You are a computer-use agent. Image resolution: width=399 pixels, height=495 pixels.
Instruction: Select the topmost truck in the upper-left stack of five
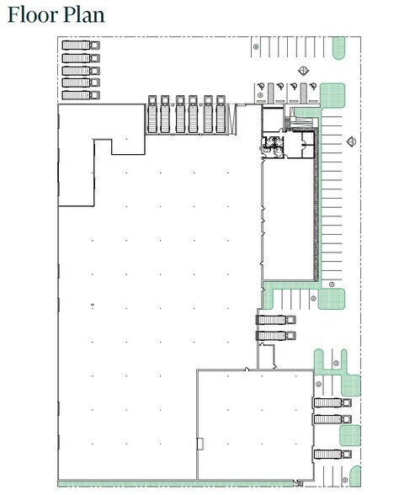pyautogui.click(x=81, y=45)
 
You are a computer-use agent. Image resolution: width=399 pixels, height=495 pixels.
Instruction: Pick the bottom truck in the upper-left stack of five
pyautogui.click(x=81, y=95)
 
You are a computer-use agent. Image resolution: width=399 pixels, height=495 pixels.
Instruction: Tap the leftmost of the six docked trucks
pyautogui.click(x=152, y=114)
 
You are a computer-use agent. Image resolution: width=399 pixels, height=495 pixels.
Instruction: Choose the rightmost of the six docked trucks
pyautogui.click(x=221, y=114)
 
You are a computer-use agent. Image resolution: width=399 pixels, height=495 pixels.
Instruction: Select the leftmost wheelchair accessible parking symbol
pyautogui.click(x=262, y=85)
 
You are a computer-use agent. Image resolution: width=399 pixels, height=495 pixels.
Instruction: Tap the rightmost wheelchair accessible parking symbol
pyautogui.click(x=308, y=85)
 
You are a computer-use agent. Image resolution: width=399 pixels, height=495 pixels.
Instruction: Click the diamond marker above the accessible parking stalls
pyautogui.click(x=301, y=71)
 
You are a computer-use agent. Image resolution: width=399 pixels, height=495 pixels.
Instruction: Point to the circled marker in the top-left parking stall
pyautogui.click(x=256, y=48)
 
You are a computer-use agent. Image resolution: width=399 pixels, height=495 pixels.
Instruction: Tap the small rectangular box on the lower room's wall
pyautogui.click(x=199, y=443)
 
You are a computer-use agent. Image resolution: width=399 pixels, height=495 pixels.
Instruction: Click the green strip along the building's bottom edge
pyautogui.click(x=177, y=484)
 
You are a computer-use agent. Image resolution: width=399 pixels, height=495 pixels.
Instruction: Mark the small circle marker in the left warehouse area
pyautogui.click(x=92, y=304)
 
